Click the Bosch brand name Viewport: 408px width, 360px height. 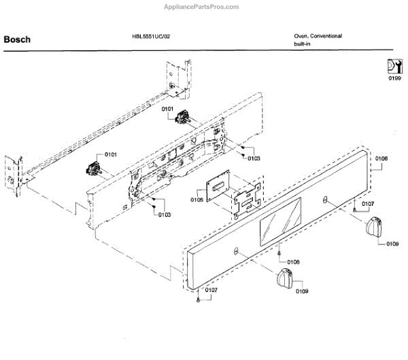(17, 39)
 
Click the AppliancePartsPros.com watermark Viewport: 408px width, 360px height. (202, 7)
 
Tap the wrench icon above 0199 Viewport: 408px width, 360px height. (394, 67)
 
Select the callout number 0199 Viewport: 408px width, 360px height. (394, 79)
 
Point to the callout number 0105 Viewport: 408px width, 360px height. (197, 200)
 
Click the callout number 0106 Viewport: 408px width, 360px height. (381, 158)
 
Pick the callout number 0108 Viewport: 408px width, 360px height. (293, 262)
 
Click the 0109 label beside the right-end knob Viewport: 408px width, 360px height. (392, 243)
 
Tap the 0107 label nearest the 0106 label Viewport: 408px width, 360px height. (367, 204)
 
